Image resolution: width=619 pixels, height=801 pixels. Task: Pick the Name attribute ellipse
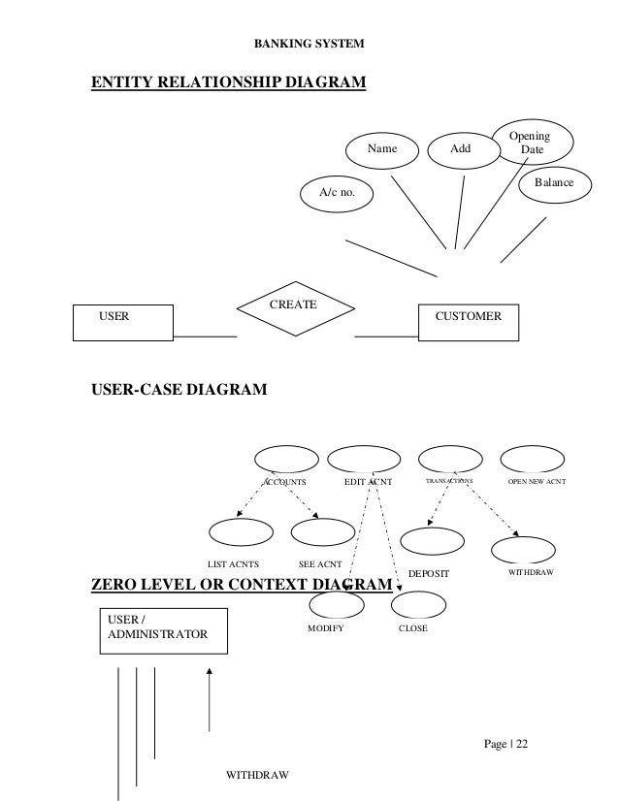point(382,150)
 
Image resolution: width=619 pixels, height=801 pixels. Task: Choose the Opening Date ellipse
point(533,144)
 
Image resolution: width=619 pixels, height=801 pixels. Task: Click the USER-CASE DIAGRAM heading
point(179,392)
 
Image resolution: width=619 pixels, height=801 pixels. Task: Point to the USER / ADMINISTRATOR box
point(163,626)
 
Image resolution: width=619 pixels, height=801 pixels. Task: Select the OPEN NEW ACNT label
point(538,481)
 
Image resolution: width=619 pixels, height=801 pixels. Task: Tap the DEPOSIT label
point(428,574)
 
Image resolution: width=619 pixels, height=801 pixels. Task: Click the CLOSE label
point(413,628)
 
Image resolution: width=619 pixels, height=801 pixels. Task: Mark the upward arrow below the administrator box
point(209,698)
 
